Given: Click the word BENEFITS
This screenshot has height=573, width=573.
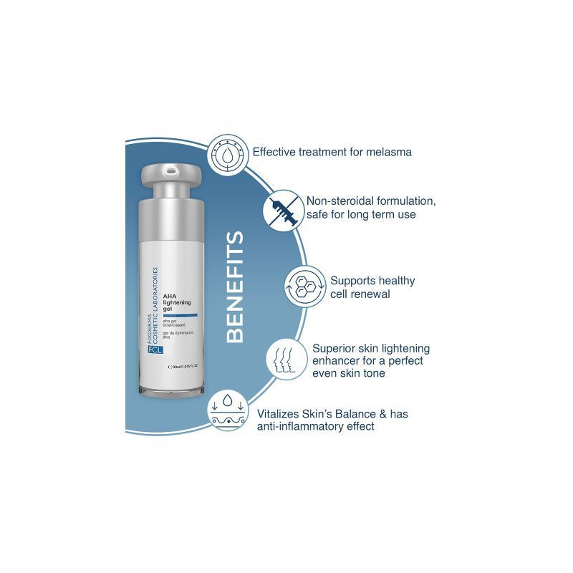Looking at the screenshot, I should point(234,286).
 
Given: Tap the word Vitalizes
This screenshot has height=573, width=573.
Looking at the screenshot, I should point(277,413).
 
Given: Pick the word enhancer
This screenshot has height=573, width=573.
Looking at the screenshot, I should point(337,361).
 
